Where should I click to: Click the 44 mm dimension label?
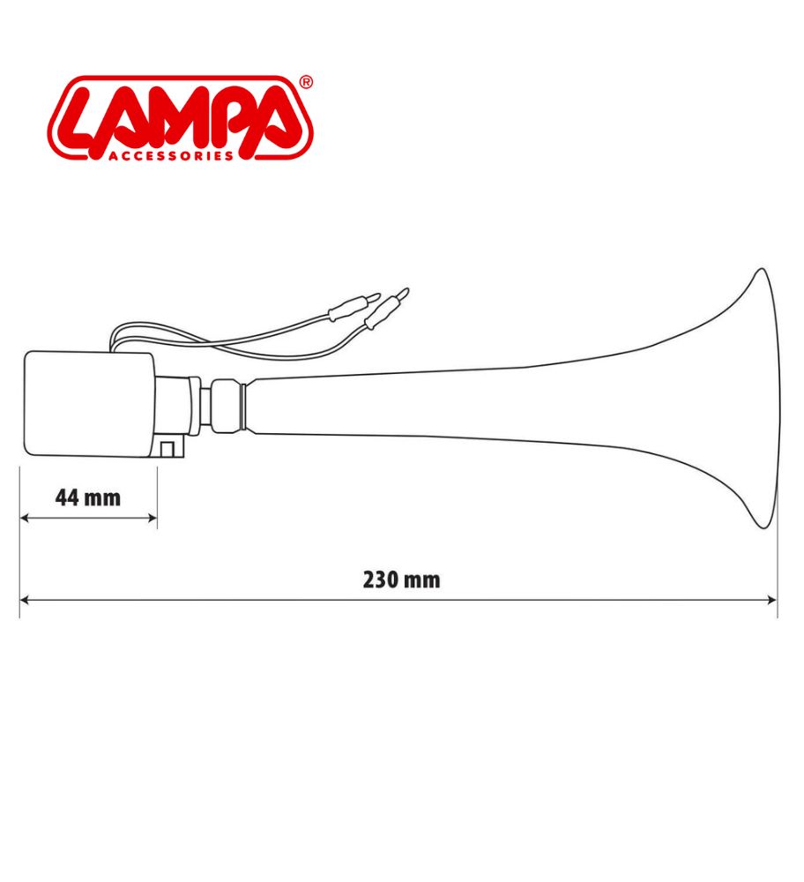click(x=88, y=497)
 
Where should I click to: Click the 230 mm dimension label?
click(x=401, y=580)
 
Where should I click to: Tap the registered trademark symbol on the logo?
click(x=306, y=83)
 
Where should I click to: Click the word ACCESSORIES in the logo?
click(x=170, y=156)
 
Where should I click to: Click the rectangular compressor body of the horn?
click(x=89, y=404)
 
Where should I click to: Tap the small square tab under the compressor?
click(x=167, y=448)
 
